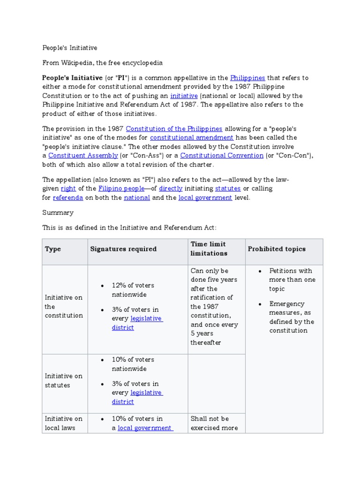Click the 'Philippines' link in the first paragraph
[x=247, y=78]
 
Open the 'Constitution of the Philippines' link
[x=174, y=128]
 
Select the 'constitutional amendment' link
[x=191, y=137]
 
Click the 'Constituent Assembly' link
[x=83, y=155]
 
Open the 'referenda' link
[x=68, y=197]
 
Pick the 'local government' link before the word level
[x=205, y=197]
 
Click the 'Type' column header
[x=53, y=249]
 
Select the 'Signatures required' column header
[x=123, y=249]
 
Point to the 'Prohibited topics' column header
[x=277, y=249]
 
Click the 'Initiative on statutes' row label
[x=63, y=381]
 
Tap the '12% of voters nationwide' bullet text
[x=133, y=290]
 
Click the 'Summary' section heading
[x=58, y=212]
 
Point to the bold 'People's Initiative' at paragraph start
[x=72, y=78]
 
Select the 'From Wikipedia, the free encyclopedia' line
[x=102, y=62]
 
